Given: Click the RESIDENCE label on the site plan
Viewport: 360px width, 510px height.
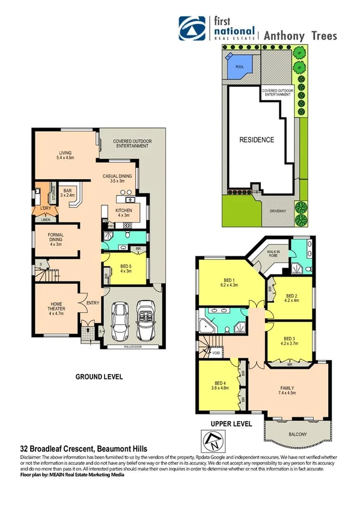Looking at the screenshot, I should coord(257,140).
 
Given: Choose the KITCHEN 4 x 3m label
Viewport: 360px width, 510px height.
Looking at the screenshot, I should coord(124,212).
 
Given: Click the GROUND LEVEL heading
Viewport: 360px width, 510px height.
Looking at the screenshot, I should coord(99,377).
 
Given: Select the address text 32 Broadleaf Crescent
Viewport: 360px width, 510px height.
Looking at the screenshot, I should coord(62,449).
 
